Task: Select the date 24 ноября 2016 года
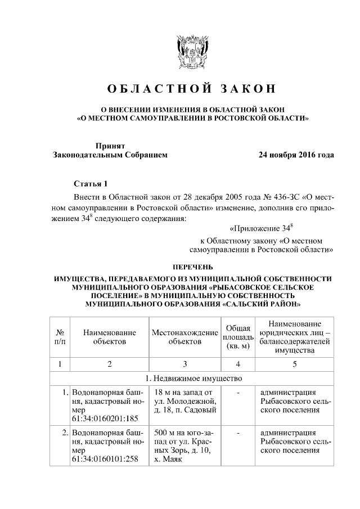pos(296,154)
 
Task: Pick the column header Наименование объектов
pos(110,336)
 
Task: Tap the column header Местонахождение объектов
pos(185,336)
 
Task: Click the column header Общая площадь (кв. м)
pos(238,336)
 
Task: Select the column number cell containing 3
pos(185,363)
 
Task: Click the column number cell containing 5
pos(294,363)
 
